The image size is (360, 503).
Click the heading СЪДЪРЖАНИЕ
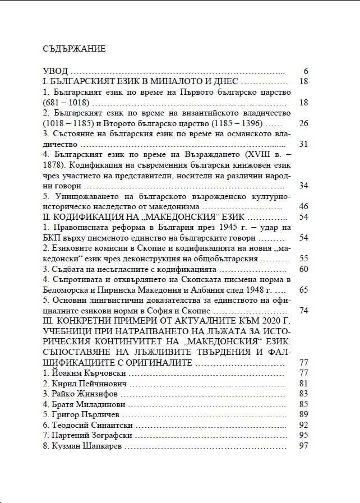pyautogui.click(x=74, y=48)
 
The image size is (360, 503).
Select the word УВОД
pyautogui.click(x=56, y=71)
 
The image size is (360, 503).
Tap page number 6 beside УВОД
pyautogui.click(x=306, y=71)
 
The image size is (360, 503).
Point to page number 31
pyautogui.click(x=304, y=144)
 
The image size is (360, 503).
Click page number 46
pyautogui.click(x=304, y=206)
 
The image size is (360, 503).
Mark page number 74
pyautogui.click(x=304, y=311)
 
